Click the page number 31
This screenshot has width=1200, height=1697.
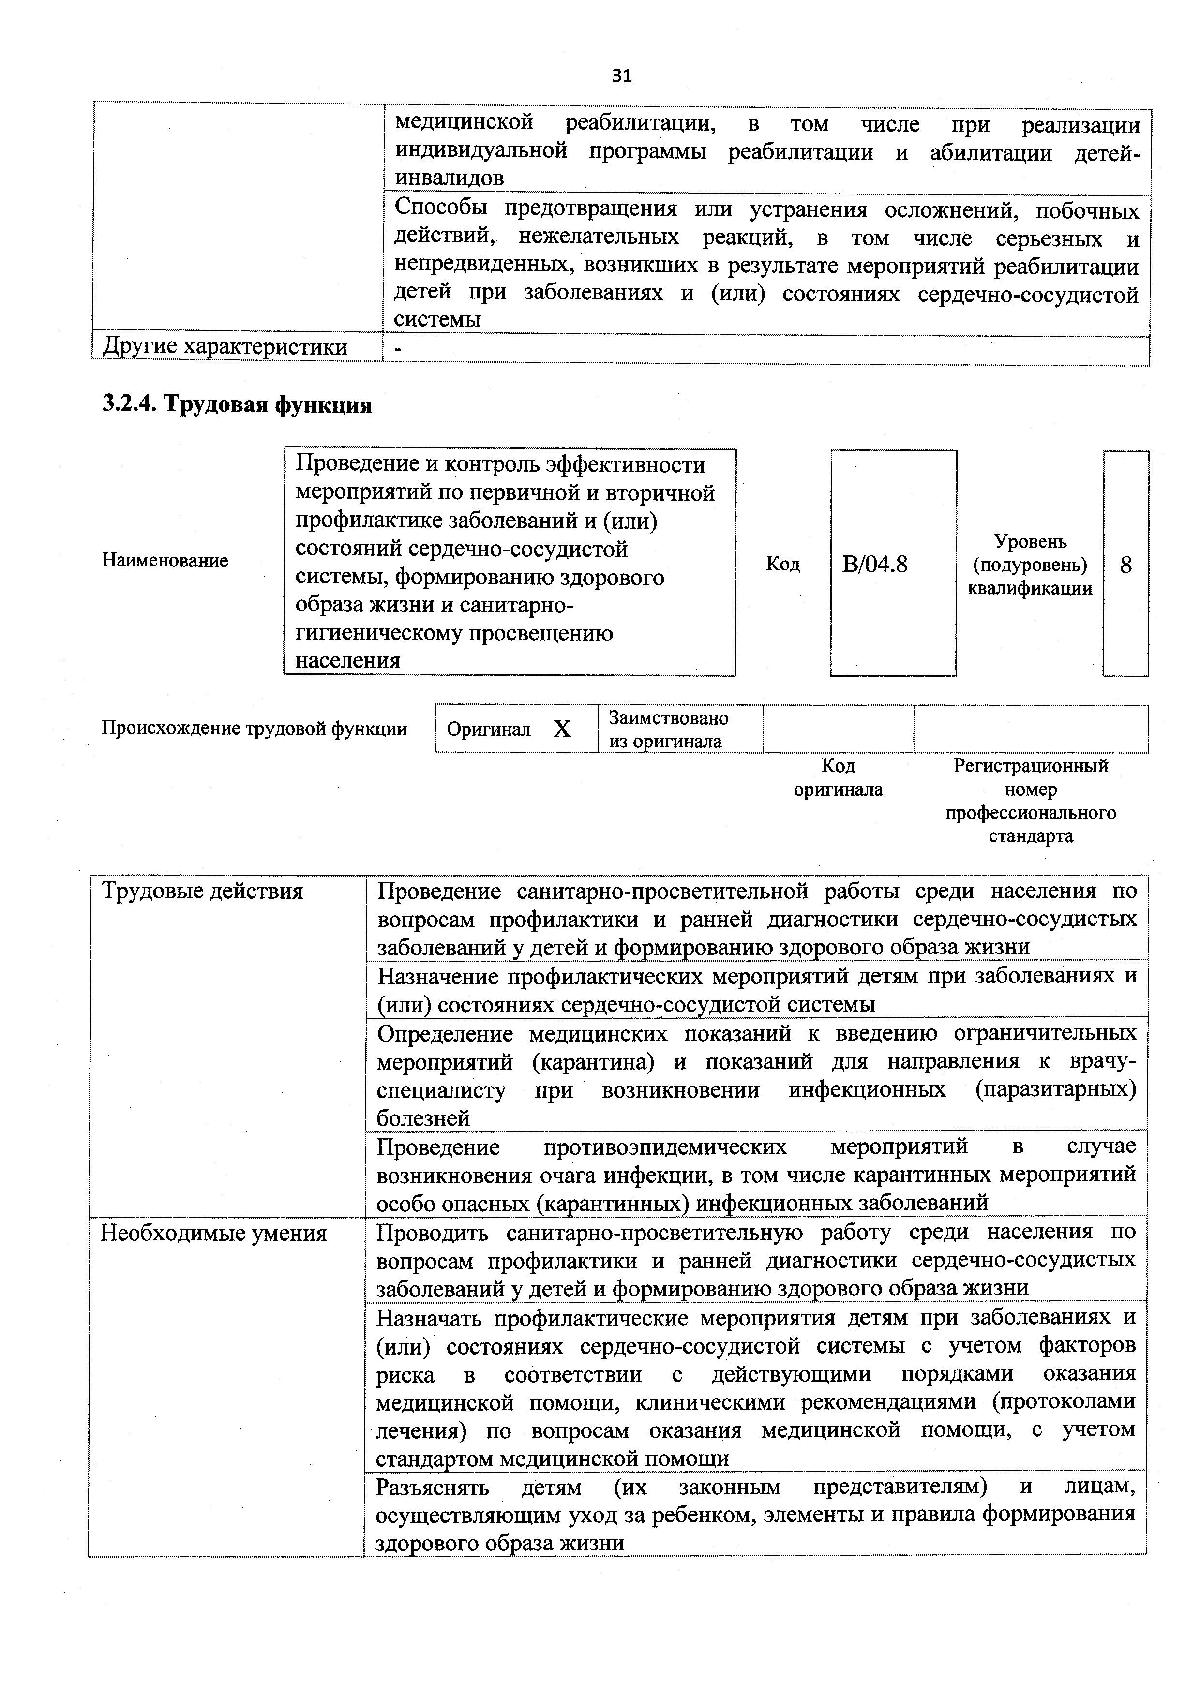[x=621, y=76]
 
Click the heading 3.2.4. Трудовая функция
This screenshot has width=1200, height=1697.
[x=237, y=404]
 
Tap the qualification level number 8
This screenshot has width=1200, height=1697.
[x=1125, y=566]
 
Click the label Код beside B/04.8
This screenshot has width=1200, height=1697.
[x=782, y=564]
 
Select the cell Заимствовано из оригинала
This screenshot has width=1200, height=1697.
[x=668, y=729]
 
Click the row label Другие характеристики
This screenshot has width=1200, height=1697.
[x=225, y=347]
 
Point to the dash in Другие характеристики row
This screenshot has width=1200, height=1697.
[x=398, y=347]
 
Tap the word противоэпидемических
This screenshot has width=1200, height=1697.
[x=665, y=1147]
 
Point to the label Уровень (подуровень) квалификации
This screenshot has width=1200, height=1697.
[x=1030, y=565]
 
